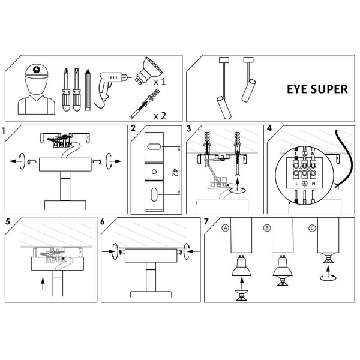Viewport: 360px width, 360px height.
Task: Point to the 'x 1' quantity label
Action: [x=160, y=81]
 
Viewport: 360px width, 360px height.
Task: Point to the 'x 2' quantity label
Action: [x=160, y=115]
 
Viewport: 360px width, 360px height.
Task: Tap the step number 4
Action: [x=269, y=128]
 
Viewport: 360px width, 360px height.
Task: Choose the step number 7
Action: [x=206, y=221]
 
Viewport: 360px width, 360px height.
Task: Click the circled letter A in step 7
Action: [x=225, y=228]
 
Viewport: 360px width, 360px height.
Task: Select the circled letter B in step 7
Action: [x=266, y=228]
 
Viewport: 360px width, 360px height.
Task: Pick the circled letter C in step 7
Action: [x=312, y=228]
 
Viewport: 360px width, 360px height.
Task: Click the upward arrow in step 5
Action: [x=44, y=282]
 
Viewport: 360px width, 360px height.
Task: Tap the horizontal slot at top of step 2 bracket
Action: [x=154, y=146]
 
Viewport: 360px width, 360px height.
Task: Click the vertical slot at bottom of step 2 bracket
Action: [x=154, y=195]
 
